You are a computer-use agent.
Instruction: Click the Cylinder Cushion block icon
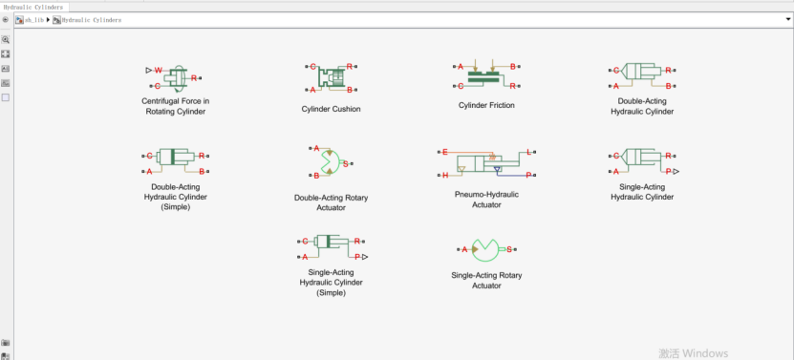tap(332, 78)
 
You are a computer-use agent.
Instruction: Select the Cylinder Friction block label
tap(486, 105)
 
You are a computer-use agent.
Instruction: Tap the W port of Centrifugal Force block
tap(159, 70)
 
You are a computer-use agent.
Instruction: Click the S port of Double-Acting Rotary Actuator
tap(345, 163)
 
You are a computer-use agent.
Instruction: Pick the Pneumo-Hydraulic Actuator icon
tap(486, 163)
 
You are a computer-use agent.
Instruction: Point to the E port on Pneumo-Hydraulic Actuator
tap(445, 152)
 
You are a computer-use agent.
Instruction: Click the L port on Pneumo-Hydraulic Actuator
tap(528, 152)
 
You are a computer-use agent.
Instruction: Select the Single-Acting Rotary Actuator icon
tap(486, 249)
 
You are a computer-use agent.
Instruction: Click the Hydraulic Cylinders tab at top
tap(34, 7)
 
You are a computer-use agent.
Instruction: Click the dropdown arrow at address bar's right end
tap(788, 20)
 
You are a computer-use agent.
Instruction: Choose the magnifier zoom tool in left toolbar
tap(6, 39)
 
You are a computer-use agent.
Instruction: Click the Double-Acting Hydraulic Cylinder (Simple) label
tap(175, 197)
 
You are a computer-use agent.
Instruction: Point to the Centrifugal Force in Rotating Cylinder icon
tap(174, 78)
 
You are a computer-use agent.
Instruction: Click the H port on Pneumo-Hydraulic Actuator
tap(445, 175)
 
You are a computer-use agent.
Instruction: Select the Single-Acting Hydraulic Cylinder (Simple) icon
tap(332, 249)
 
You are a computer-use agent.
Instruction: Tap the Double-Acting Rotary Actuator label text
tap(332, 202)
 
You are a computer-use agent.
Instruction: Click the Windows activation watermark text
tap(694, 353)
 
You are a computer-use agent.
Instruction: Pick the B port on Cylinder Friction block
tap(512, 66)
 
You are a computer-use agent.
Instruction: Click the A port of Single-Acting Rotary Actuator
tap(464, 249)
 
